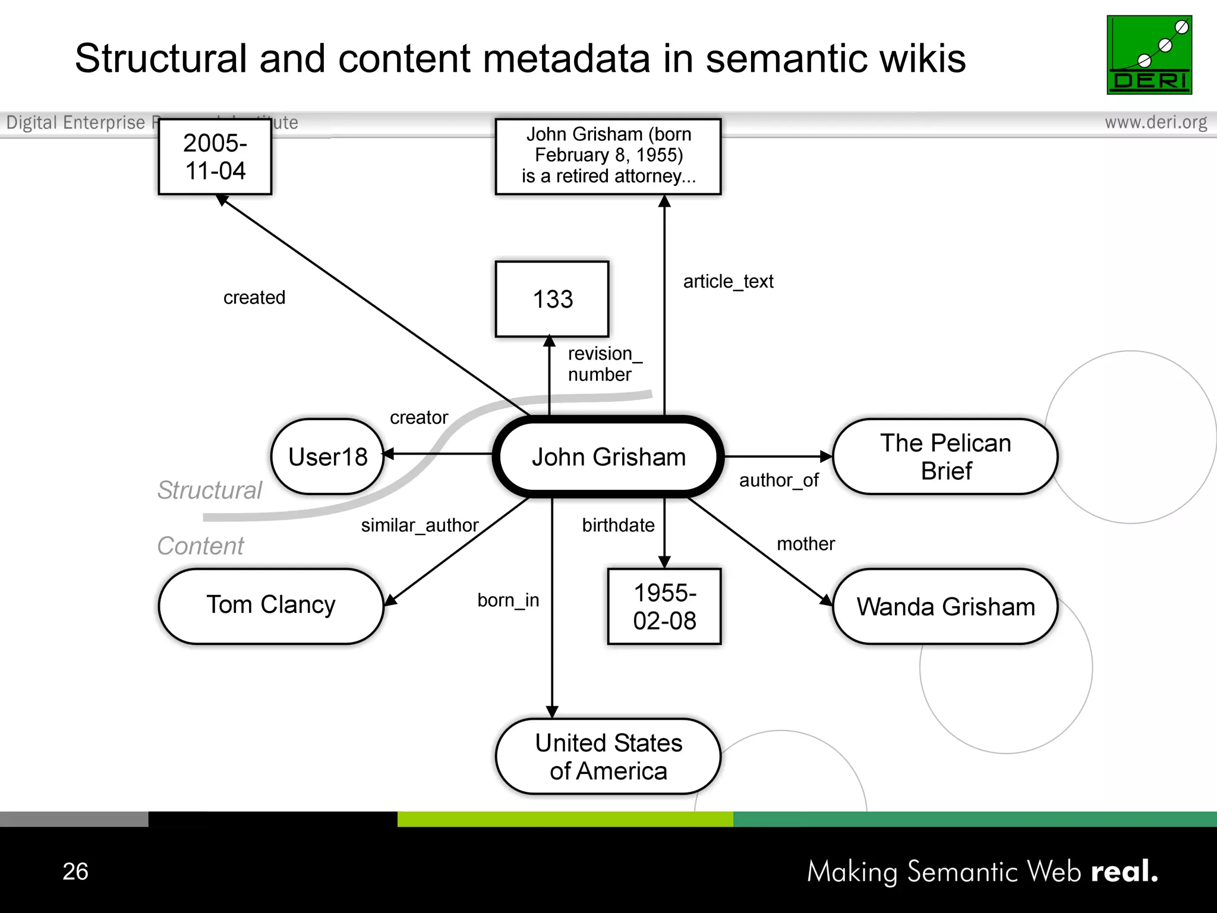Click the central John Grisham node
[608, 456]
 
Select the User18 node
[327, 456]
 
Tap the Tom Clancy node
[271, 605]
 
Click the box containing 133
[552, 299]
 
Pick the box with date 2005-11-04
[215, 157]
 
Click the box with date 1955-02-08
[664, 606]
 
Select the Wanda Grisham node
[945, 606]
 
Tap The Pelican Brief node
[945, 456]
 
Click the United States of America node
[608, 756]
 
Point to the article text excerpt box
[608, 156]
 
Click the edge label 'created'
[254, 297]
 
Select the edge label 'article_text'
[728, 281]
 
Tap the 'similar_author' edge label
[420, 525]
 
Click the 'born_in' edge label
[508, 600]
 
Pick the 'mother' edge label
[806, 544]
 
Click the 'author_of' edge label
[778, 480]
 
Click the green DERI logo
[1149, 55]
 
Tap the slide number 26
[75, 871]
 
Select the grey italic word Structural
[209, 490]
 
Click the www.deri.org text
[1155, 122]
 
